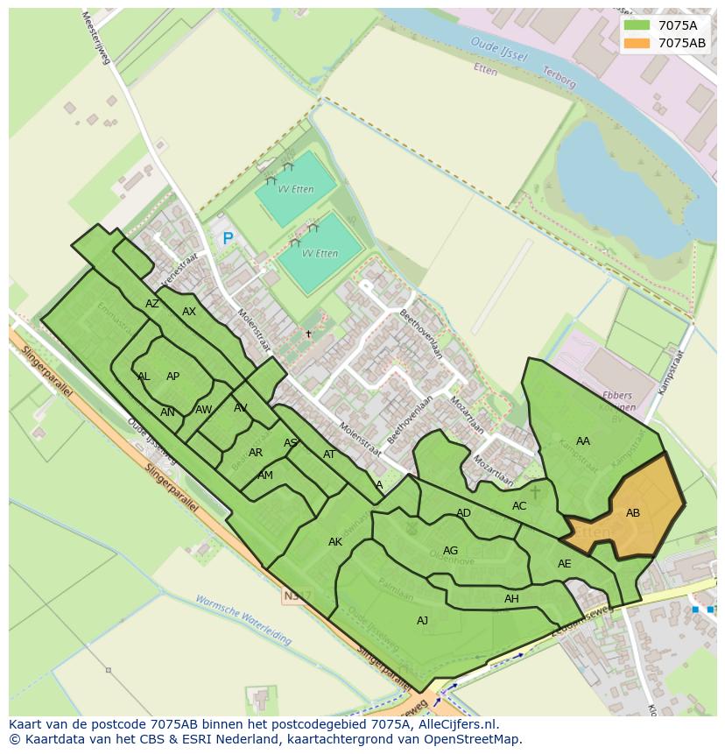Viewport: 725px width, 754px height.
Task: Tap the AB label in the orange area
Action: (x=633, y=513)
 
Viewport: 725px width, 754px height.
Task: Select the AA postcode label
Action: (x=583, y=441)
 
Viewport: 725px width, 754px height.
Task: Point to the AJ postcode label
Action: (x=423, y=620)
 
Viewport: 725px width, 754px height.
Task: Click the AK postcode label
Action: (x=335, y=542)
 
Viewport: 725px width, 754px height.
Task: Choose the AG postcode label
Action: (x=451, y=551)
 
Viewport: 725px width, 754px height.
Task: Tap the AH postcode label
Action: (x=511, y=599)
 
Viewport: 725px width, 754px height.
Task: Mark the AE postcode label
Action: (x=565, y=564)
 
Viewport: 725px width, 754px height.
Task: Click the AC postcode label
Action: (x=519, y=506)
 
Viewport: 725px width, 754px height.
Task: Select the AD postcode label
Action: (x=464, y=513)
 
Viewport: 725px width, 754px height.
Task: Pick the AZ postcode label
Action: (x=152, y=304)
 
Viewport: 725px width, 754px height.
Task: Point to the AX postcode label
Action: (x=189, y=312)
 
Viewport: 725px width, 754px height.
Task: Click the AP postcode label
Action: (x=173, y=377)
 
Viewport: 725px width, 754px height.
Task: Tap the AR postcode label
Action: (x=256, y=453)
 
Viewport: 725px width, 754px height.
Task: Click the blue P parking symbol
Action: (x=228, y=238)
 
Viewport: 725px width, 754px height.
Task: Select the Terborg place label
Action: (x=559, y=78)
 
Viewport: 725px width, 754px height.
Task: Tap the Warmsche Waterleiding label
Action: (x=243, y=621)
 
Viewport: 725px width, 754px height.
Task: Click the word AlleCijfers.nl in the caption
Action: (x=457, y=724)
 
